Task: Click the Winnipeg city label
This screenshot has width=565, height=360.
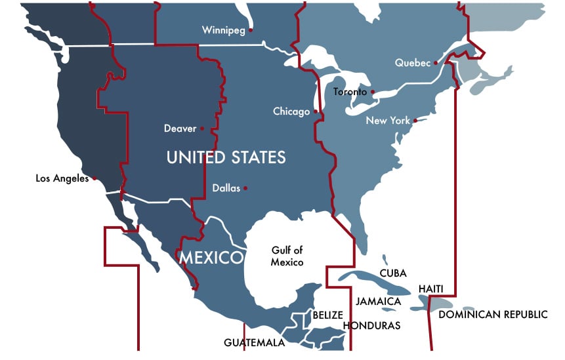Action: click(223, 30)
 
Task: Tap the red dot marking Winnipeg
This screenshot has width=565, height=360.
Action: click(251, 30)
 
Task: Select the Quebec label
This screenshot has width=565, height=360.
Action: click(413, 63)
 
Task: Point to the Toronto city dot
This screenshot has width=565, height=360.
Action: click(373, 92)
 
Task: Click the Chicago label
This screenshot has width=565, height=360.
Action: click(291, 111)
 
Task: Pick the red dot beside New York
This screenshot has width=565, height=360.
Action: click(415, 121)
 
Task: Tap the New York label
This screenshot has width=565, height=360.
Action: click(388, 121)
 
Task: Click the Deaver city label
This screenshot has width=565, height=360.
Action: click(180, 129)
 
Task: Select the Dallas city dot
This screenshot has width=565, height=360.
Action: click(245, 188)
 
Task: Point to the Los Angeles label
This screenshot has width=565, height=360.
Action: click(62, 178)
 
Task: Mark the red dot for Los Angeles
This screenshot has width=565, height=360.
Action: click(95, 178)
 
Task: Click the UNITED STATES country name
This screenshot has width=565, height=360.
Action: click(226, 157)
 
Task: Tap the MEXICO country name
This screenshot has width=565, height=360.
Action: click(212, 256)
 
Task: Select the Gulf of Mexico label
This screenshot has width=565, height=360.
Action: click(287, 256)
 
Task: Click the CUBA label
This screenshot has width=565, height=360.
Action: click(393, 273)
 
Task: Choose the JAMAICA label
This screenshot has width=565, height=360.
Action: click(378, 302)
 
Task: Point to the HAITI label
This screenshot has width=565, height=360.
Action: click(431, 289)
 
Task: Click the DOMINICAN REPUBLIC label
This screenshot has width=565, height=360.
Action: click(493, 315)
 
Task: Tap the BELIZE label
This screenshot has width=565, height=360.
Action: click(327, 315)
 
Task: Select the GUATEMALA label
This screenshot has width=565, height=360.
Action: click(254, 343)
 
